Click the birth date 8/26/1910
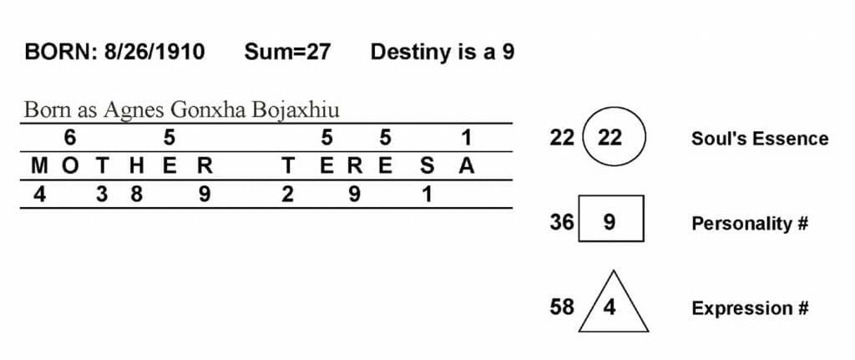(x=154, y=52)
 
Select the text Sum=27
(x=287, y=52)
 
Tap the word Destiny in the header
(x=407, y=53)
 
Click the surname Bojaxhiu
(x=296, y=111)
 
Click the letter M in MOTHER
(x=39, y=166)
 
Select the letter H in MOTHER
(x=136, y=166)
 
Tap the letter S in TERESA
(x=427, y=166)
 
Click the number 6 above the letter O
(x=70, y=138)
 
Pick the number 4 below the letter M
(x=39, y=195)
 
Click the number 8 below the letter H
(x=136, y=195)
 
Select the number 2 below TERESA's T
(x=287, y=195)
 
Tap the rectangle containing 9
(x=610, y=218)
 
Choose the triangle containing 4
(x=614, y=301)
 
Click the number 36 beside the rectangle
(x=562, y=222)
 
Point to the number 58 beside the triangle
(x=562, y=307)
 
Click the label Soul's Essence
(x=760, y=139)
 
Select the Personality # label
(x=750, y=224)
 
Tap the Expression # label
(x=751, y=309)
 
